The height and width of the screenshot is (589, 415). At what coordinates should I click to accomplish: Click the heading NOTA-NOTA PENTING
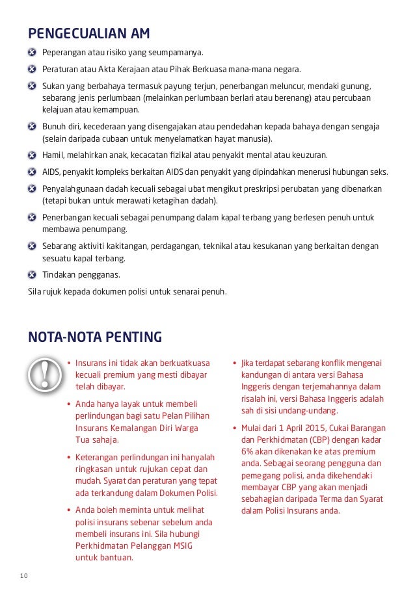coord(95,337)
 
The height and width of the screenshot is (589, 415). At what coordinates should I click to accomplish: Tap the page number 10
coord(24,575)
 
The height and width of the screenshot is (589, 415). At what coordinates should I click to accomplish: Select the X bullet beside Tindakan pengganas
coord(32,274)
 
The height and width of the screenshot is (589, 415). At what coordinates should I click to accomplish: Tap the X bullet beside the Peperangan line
coord(32,52)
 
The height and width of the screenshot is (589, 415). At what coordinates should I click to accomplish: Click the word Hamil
coord(52,155)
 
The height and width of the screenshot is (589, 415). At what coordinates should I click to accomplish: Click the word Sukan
coord(53,86)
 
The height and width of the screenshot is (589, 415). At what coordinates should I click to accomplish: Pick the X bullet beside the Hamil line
coord(32,155)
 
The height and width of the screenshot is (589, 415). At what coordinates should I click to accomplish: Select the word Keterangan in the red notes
coord(98,457)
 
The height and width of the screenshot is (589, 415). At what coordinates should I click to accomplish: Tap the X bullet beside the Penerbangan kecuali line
coord(32,218)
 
